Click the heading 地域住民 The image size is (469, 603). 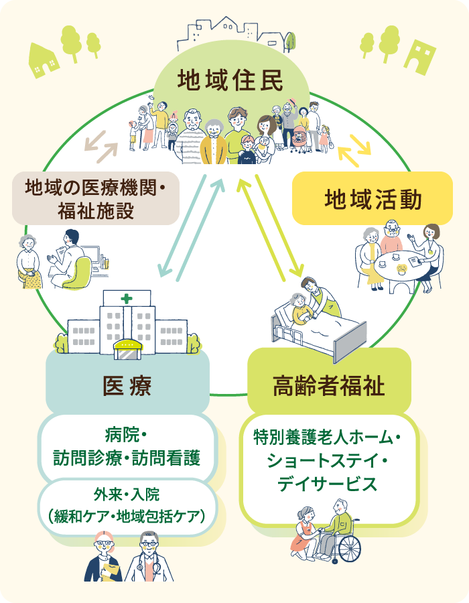[x=231, y=80]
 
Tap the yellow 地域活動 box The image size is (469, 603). [x=373, y=199]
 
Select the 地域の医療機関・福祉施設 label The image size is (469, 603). [x=95, y=199]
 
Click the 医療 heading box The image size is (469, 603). [x=127, y=386]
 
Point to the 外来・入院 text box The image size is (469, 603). [x=127, y=506]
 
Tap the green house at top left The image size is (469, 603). [x=44, y=60]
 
